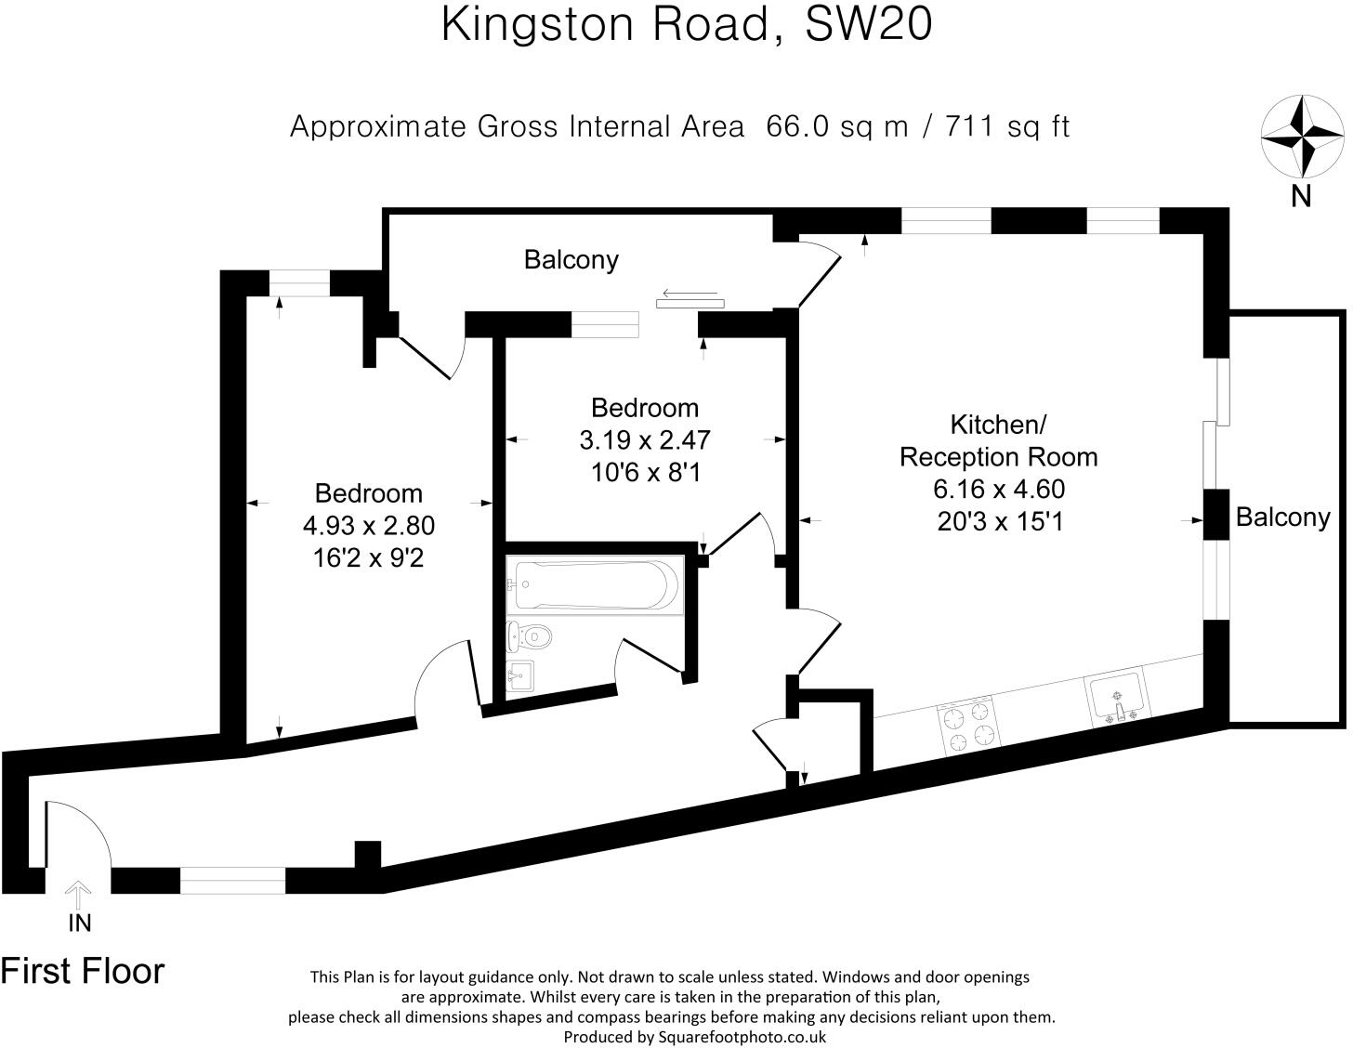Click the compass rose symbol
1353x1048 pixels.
[x=1301, y=136]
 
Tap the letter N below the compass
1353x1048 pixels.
[x=1301, y=196]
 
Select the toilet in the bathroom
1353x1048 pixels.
[x=531, y=636]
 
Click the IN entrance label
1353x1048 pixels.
[x=80, y=923]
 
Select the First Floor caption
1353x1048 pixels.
[x=83, y=971]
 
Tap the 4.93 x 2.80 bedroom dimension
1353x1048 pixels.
[x=368, y=526]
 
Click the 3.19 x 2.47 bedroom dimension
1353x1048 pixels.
[x=645, y=439]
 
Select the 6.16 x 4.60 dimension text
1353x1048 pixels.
[x=999, y=489]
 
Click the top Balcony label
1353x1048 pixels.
[x=571, y=259]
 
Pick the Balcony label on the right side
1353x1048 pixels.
[x=1282, y=517]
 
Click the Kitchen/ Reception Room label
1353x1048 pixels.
[x=999, y=440]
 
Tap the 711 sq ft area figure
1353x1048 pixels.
[x=1007, y=125]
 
